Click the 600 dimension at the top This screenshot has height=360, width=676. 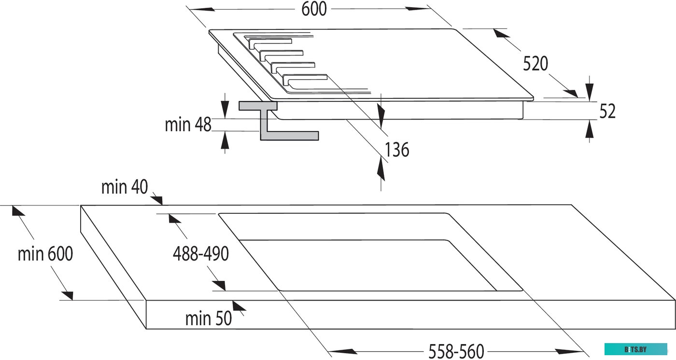(x=314, y=9)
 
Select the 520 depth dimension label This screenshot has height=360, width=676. (x=535, y=64)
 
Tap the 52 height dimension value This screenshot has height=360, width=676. (x=607, y=111)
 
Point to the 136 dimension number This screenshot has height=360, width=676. (x=397, y=150)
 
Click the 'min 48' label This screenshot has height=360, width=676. (x=188, y=125)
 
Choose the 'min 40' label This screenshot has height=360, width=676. (x=124, y=187)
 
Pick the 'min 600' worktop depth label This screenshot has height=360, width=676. (x=45, y=254)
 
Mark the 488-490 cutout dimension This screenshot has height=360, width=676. (x=200, y=254)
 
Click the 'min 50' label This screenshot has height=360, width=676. (x=208, y=318)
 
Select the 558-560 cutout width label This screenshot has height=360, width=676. (x=456, y=351)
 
